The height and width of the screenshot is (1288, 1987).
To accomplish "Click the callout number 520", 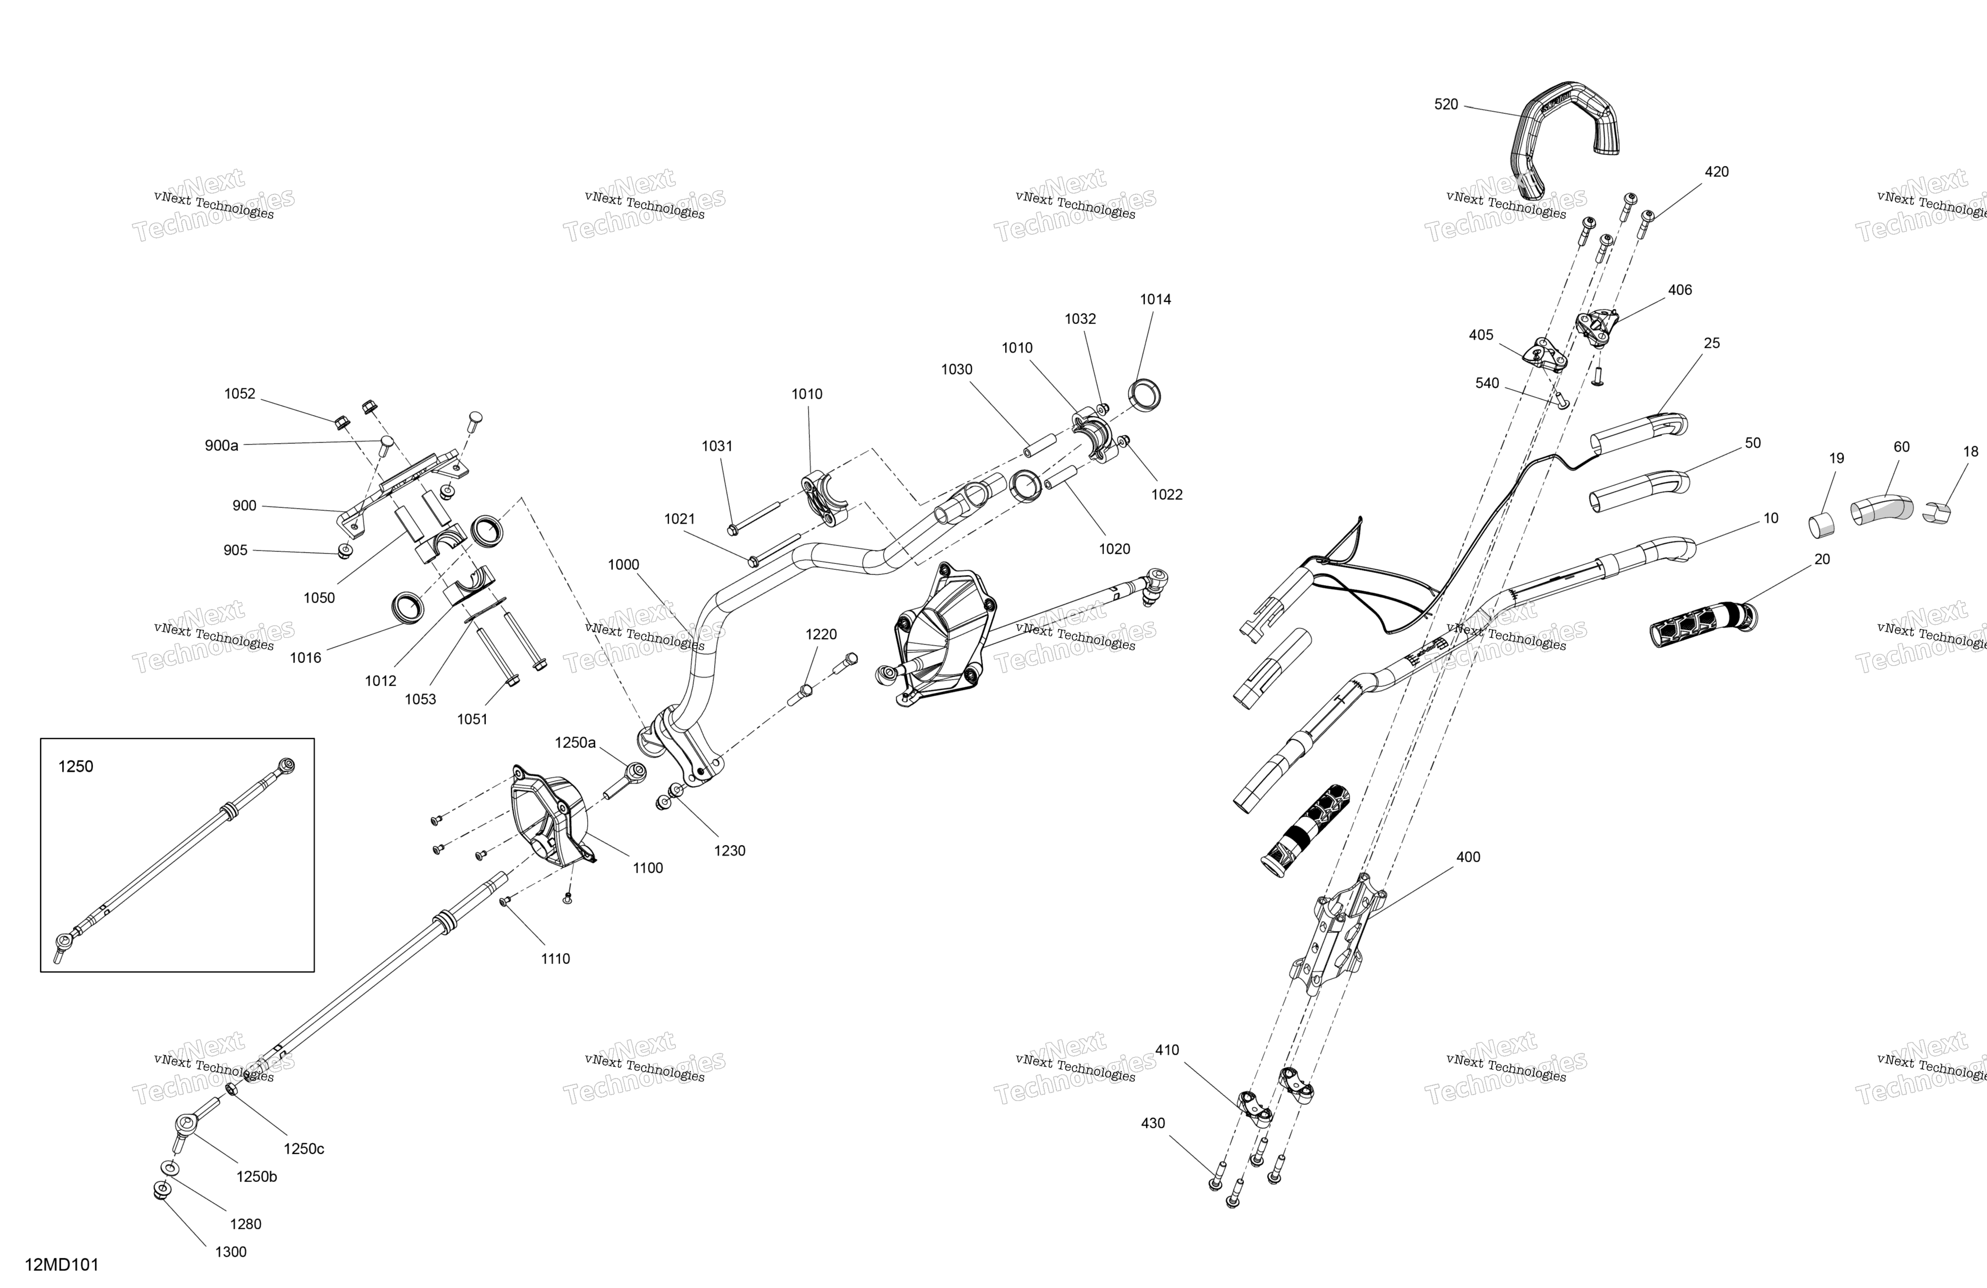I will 1446,104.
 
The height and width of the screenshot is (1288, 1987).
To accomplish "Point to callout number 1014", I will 1156,299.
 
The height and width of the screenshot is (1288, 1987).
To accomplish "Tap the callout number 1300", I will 231,1251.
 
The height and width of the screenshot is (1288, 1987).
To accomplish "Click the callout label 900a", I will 221,446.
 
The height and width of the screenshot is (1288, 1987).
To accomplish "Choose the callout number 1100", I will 648,868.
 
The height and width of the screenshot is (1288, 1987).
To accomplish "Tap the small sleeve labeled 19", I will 1822,525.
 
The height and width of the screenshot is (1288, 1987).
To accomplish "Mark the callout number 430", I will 1153,1124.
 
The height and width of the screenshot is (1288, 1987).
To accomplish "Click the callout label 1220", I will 821,635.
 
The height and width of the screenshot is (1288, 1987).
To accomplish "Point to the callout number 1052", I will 239,394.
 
